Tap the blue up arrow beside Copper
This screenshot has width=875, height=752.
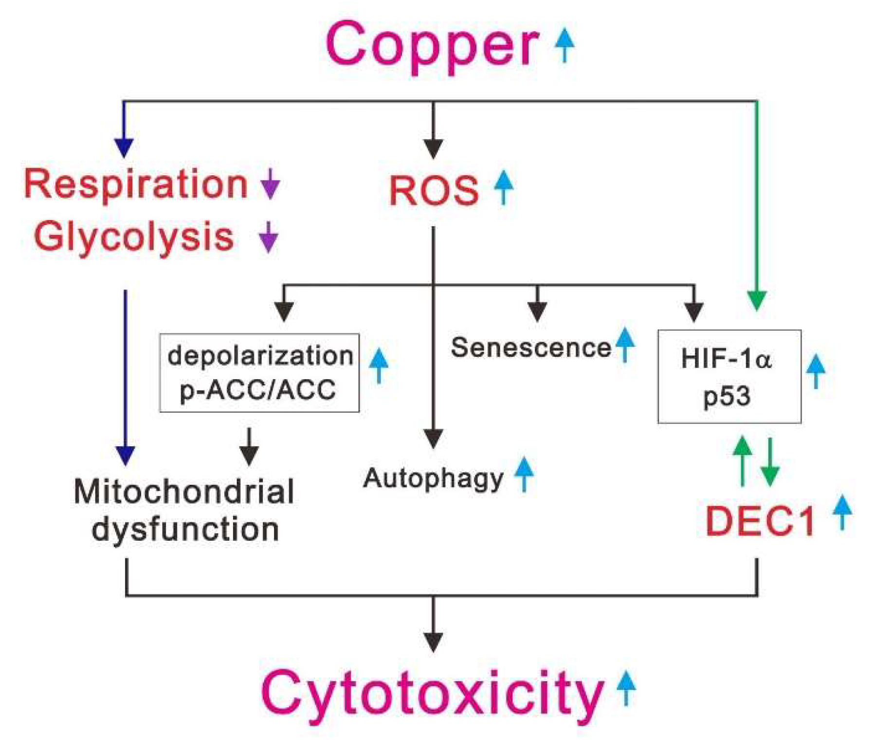click(565, 45)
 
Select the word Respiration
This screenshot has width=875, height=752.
click(136, 184)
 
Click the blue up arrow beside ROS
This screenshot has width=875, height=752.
click(504, 187)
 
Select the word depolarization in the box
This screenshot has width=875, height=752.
click(260, 356)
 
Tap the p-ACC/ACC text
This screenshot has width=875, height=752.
click(258, 390)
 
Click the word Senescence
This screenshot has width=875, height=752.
click(530, 348)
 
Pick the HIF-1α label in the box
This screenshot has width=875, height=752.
click(726, 359)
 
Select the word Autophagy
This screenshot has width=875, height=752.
click(433, 478)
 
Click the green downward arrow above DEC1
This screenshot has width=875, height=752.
click(770, 462)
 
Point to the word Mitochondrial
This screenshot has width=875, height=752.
click(184, 492)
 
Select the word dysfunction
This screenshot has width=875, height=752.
click(185, 530)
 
